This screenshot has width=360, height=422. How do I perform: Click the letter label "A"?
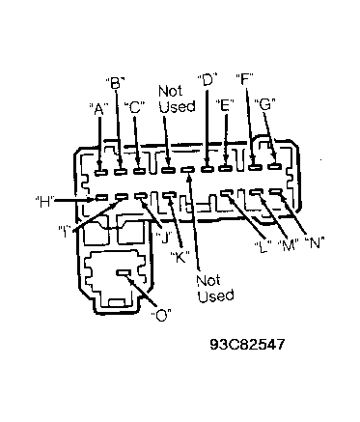[x=98, y=109]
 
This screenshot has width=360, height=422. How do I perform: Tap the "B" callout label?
[x=115, y=83]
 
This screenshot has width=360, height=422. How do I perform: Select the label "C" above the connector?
[x=135, y=107]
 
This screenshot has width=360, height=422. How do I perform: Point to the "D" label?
[x=208, y=79]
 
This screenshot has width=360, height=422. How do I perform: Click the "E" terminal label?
[x=225, y=105]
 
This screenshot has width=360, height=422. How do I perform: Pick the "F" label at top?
[x=245, y=79]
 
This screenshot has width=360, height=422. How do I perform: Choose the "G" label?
[x=264, y=104]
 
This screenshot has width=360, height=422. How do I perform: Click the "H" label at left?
[x=44, y=202]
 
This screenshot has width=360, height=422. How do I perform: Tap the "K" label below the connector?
[x=180, y=257]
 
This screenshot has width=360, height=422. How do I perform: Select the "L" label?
[x=263, y=246]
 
